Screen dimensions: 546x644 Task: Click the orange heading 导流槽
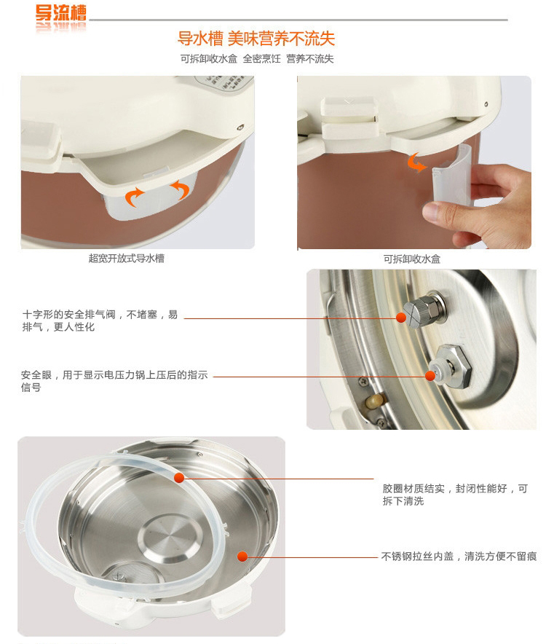point(60,13)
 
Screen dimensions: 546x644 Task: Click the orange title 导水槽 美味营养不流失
point(256,39)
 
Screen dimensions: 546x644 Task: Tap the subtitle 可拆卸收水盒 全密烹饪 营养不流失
point(257,59)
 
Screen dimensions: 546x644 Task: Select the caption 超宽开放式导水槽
point(127,259)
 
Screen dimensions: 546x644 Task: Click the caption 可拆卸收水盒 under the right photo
point(412,259)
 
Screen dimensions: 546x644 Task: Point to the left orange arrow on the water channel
point(134,197)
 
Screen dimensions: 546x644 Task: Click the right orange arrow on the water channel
point(181,189)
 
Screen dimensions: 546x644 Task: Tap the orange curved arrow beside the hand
point(416,162)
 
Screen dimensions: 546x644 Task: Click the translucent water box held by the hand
point(451,176)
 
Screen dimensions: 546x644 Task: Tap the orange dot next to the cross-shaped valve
point(402,318)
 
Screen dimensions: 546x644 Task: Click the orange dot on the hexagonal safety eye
point(430,376)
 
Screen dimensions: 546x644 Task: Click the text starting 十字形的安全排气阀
point(100,321)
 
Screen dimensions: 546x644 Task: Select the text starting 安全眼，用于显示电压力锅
point(114,381)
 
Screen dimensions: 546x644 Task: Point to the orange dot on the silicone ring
point(179,478)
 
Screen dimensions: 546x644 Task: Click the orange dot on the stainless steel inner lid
point(242,557)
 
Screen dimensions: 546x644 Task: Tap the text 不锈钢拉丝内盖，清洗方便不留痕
point(459,557)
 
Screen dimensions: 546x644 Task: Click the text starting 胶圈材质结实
point(455,495)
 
